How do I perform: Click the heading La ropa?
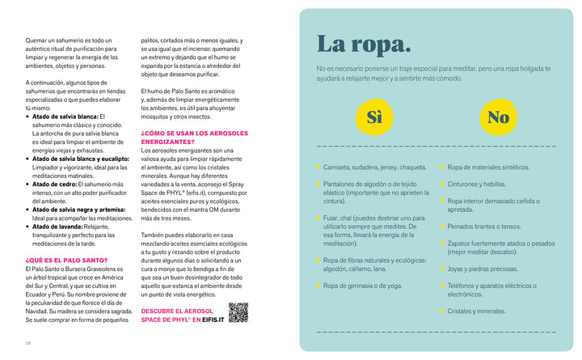click(x=363, y=45)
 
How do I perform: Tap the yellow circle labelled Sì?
click(x=374, y=117)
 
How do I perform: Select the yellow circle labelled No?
click(x=498, y=117)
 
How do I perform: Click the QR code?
click(x=238, y=312)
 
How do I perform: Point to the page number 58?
click(x=27, y=342)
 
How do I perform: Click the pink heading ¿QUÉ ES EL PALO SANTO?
click(x=66, y=260)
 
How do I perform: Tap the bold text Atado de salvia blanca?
click(x=65, y=116)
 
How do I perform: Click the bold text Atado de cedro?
click(x=58, y=184)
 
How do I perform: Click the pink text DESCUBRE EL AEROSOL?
click(x=177, y=311)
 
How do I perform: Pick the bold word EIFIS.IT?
click(x=208, y=320)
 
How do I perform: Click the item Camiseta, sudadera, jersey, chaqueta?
click(x=374, y=167)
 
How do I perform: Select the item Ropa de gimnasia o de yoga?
click(x=362, y=285)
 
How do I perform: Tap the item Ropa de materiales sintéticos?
click(x=488, y=167)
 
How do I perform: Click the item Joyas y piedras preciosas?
click(x=483, y=269)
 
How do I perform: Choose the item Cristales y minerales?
click(x=476, y=311)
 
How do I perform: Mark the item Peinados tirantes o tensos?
click(x=484, y=227)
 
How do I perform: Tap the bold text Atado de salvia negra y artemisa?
click(x=78, y=210)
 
